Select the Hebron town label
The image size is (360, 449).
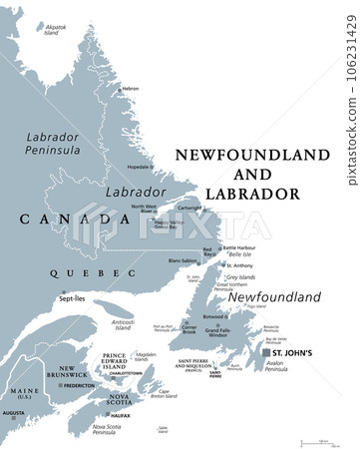click(x=131, y=89)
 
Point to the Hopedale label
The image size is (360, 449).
click(x=139, y=167)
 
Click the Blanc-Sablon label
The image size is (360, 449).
click(x=181, y=260)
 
